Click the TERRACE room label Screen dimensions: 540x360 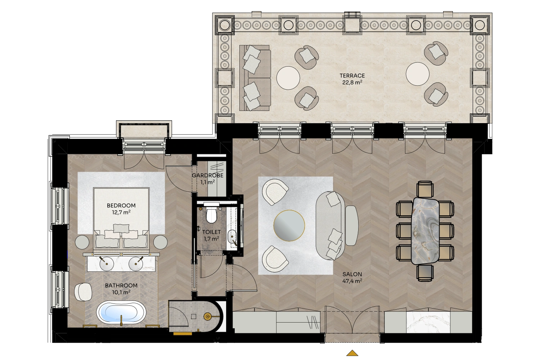(x=352, y=76)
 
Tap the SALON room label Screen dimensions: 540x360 (x=352, y=274)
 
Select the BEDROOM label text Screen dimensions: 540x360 (x=121, y=206)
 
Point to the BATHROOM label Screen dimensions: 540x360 (x=121, y=285)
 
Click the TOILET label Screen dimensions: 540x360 (x=211, y=232)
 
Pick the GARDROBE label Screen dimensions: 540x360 (x=208, y=176)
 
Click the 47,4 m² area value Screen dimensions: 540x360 (x=352, y=281)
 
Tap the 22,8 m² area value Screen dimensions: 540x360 (x=352, y=82)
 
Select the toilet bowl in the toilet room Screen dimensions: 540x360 (x=211, y=215)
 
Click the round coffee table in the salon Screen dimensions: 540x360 (x=289, y=226)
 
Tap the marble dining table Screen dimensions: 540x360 (x=425, y=231)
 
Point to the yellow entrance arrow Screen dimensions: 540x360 (x=352, y=353)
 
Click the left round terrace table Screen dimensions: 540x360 (x=288, y=78)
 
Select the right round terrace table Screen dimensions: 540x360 (x=418, y=74)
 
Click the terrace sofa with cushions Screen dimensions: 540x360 (x=255, y=78)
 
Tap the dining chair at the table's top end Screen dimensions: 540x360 (x=425, y=189)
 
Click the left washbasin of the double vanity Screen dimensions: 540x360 (x=107, y=264)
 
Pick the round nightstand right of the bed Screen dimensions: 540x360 (x=161, y=242)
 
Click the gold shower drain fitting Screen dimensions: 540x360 (x=207, y=316)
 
